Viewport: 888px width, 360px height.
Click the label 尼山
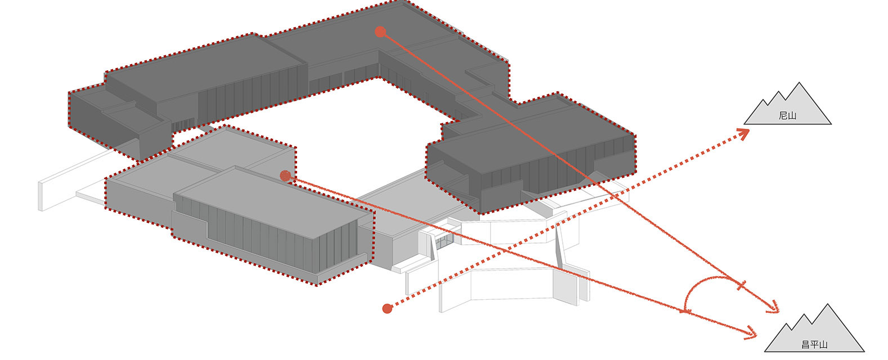pos(787,116)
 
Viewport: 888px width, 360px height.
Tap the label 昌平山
pos(814,344)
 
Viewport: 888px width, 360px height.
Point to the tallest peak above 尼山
pos(799,83)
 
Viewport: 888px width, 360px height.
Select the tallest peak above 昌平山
pos(827,305)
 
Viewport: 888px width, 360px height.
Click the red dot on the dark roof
pos(380,31)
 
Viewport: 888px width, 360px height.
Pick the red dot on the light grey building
pos(285,175)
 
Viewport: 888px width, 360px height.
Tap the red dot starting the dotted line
pos(387,308)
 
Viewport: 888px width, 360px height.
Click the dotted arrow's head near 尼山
pos(743,132)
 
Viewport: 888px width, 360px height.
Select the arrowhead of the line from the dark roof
pos(773,308)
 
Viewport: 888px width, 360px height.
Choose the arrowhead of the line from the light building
pos(751,333)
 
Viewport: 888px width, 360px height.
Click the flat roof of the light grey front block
pos(273,202)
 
